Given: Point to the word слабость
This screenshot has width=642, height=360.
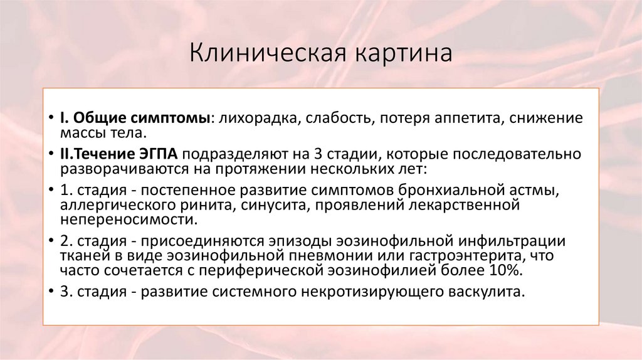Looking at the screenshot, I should tap(336, 118).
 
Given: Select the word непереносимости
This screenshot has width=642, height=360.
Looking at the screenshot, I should tap(129, 220).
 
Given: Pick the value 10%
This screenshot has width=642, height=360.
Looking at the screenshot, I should tap(505, 271).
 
